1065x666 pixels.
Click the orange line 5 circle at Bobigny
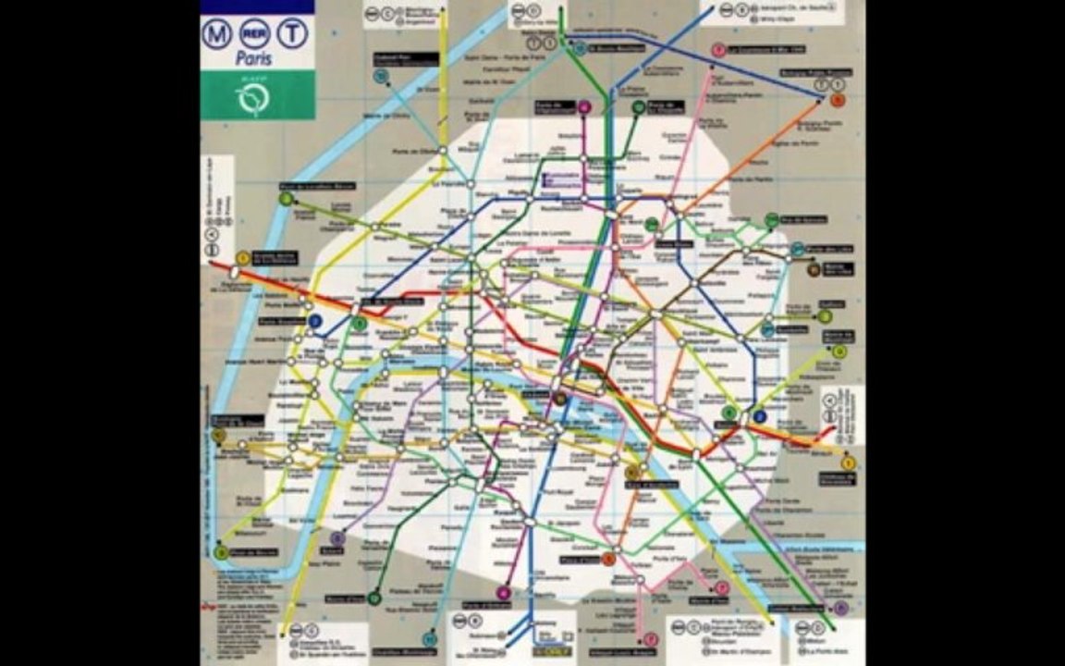[x=837, y=100]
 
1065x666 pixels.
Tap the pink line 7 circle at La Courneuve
[x=717, y=50]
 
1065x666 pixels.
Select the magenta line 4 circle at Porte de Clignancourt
[x=584, y=107]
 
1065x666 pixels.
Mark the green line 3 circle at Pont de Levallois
[x=287, y=198]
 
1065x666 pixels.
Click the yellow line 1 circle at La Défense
[x=242, y=259]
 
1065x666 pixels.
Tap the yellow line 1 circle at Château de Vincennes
[x=849, y=462]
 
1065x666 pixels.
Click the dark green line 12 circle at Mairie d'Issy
[x=373, y=598]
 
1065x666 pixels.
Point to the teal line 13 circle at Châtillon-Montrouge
[x=429, y=639]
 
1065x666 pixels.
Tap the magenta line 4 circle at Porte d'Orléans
[x=503, y=593]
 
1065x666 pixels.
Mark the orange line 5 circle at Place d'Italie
[x=608, y=559]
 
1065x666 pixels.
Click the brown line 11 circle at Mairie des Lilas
[x=814, y=270]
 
